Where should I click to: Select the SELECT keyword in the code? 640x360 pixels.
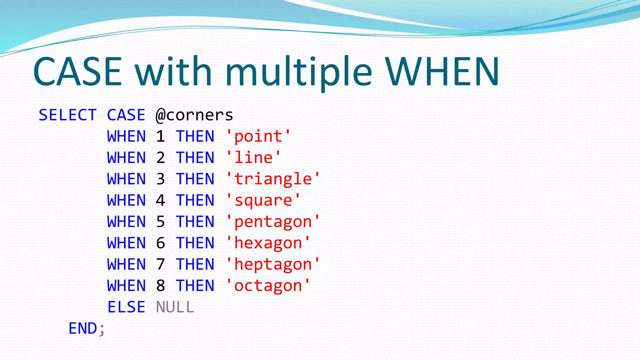pyautogui.click(x=67, y=115)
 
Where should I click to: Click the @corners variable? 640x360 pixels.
pyautogui.click(x=194, y=115)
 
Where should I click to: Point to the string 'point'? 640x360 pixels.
pyautogui.click(x=258, y=137)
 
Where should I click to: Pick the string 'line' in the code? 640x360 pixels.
pyautogui.click(x=253, y=158)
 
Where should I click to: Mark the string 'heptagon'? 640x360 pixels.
pyautogui.click(x=273, y=265)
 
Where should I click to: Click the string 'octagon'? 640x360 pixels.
pyautogui.click(x=268, y=286)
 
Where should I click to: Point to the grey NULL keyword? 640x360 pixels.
pyautogui.click(x=175, y=307)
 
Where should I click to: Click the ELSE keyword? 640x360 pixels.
pyautogui.click(x=126, y=307)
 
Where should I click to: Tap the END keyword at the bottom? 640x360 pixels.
pyautogui.click(x=83, y=328)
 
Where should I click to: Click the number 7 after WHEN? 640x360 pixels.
pyautogui.click(x=160, y=265)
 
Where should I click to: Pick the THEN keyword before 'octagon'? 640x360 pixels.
pyautogui.click(x=195, y=286)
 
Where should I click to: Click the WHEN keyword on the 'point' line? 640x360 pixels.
pyautogui.click(x=126, y=137)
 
